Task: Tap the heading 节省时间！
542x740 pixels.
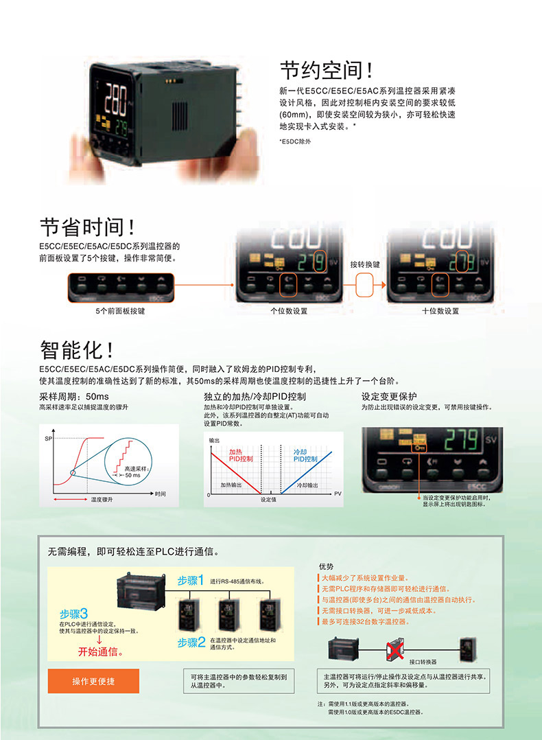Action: [88, 227]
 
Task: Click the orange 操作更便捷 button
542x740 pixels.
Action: [93, 681]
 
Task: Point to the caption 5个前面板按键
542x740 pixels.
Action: [121, 311]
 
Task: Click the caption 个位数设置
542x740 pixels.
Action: [289, 311]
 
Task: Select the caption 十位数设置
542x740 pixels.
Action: [440, 311]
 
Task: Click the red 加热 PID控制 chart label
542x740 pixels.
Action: [240, 456]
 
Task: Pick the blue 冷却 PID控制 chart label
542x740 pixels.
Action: [305, 456]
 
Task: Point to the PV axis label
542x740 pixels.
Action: [338, 494]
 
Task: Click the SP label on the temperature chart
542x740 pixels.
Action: [48, 438]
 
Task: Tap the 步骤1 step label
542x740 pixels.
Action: [191, 580]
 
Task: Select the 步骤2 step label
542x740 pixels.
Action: [191, 642]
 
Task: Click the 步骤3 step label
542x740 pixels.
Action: [74, 614]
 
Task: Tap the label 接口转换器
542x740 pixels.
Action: [423, 662]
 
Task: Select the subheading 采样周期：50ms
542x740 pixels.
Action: [74, 397]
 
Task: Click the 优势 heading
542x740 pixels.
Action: [327, 566]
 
